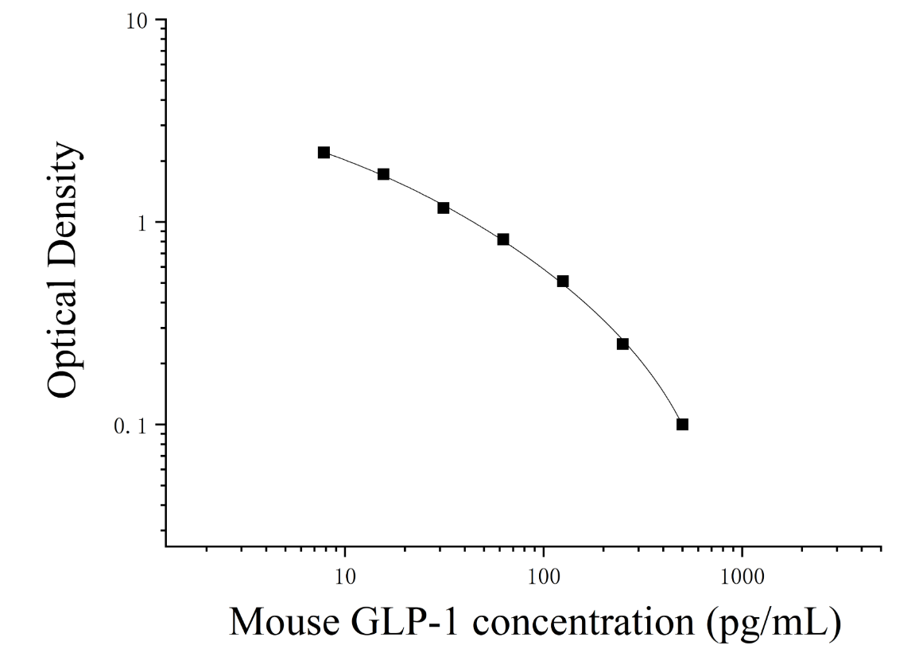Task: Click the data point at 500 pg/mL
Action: [x=682, y=424]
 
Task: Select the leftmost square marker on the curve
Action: [x=324, y=153]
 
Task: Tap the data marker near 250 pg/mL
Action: [x=622, y=344]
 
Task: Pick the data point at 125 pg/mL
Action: [x=563, y=282]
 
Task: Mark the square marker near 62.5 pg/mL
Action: [x=503, y=239]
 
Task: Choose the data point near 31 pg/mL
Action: [x=444, y=208]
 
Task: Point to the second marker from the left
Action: [x=383, y=174]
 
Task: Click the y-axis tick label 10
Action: [x=138, y=21]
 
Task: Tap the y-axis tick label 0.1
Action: [x=133, y=426]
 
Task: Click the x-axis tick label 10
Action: [x=345, y=577]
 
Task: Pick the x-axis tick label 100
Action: [x=544, y=577]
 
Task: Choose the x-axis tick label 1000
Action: [x=742, y=577]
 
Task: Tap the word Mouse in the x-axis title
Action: [x=285, y=622]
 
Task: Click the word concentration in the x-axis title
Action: [x=583, y=622]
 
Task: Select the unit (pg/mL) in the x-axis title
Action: [x=773, y=624]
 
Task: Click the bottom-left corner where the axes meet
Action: [x=165, y=547]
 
